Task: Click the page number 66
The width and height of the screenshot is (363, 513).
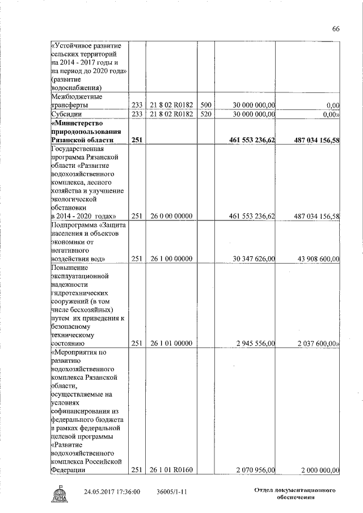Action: point(336,29)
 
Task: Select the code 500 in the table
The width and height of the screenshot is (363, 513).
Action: point(206,105)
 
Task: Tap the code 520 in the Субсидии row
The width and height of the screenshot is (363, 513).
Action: point(206,114)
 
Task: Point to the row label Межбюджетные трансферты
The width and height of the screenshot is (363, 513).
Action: point(69,100)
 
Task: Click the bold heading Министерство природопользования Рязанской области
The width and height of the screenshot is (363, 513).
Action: point(85,131)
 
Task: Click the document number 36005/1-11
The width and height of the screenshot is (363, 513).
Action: point(172,491)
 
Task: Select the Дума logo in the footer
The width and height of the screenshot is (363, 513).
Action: point(58,494)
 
